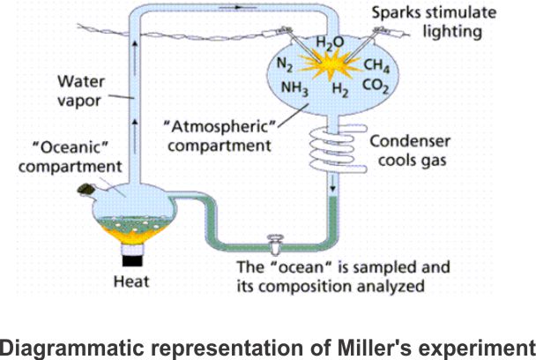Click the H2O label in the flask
[x=329, y=41]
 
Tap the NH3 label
[x=293, y=87]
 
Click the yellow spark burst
[x=331, y=64]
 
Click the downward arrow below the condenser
[x=331, y=187]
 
